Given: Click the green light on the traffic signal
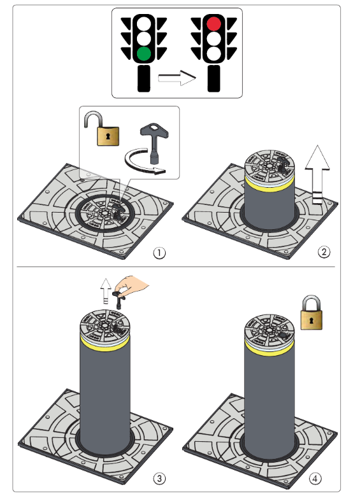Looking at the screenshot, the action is tap(144, 53).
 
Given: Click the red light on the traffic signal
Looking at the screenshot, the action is tap(213, 24).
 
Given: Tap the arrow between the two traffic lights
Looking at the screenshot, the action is tap(177, 78).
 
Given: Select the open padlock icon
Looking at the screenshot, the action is tap(101, 129).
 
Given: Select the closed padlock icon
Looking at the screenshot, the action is tap(312, 313).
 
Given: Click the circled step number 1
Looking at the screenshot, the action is tap(159, 253).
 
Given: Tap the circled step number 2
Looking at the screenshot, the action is tap(324, 252).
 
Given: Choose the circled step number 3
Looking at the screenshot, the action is tap(159, 479).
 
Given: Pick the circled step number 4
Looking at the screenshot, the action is tap(315, 479).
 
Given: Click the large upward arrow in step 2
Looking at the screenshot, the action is tap(317, 175).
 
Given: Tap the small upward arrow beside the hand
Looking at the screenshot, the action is tap(106, 291).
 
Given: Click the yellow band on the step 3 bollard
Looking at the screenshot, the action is tap(105, 344).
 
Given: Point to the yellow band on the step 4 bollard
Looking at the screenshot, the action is tap(270, 348).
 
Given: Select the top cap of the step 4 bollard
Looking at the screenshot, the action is tap(270, 329).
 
